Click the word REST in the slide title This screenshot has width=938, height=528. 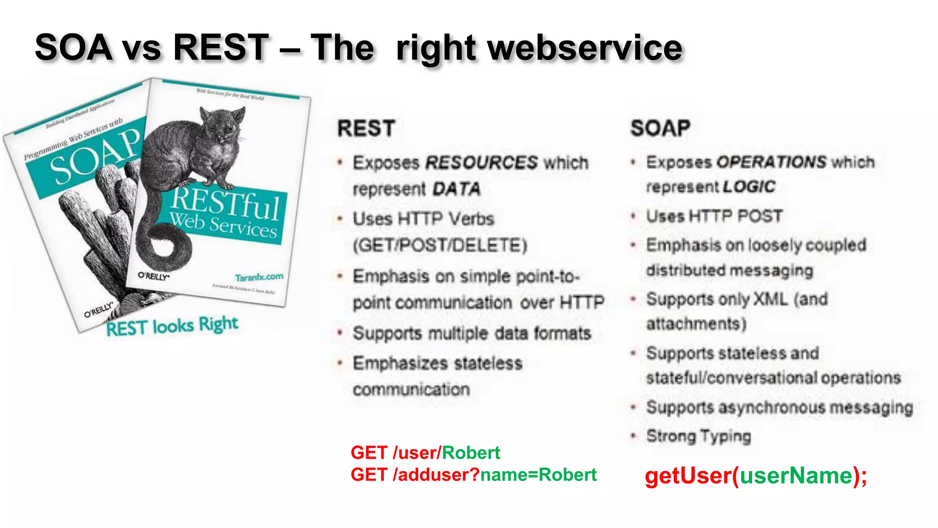(x=221, y=47)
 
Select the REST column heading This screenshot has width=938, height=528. (x=366, y=128)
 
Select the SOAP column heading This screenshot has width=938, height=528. (x=660, y=128)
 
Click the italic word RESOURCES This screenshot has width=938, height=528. (x=481, y=163)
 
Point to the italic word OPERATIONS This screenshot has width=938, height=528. (x=772, y=162)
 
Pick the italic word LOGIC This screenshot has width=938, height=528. (x=749, y=187)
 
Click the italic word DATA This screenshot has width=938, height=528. (x=456, y=189)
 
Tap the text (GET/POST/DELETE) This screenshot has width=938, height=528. (x=440, y=245)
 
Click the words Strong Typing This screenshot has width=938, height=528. (x=698, y=436)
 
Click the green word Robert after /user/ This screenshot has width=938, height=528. (x=471, y=453)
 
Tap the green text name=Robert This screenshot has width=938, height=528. (x=538, y=475)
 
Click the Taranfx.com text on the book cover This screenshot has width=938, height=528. (x=259, y=277)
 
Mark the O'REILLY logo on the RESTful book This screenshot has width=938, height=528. (x=153, y=276)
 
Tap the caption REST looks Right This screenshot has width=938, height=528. (x=172, y=326)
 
